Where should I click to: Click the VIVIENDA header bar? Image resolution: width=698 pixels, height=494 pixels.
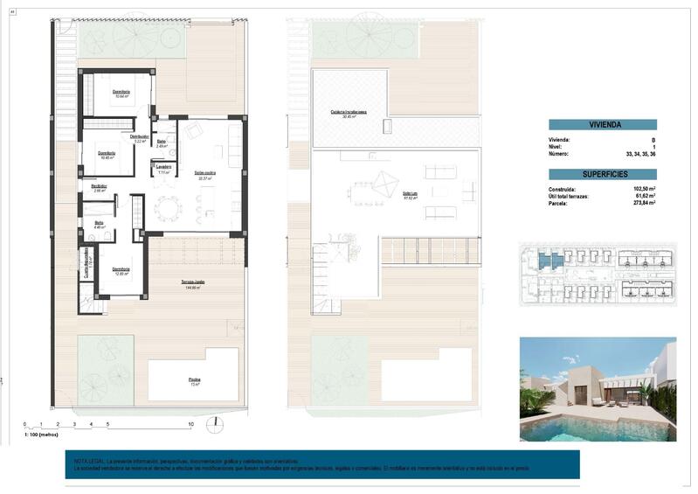pyautogui.click(x=602, y=125)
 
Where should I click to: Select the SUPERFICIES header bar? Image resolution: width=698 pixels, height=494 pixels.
pyautogui.click(x=602, y=174)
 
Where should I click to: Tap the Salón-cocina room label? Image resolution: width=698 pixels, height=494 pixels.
pyautogui.click(x=206, y=173)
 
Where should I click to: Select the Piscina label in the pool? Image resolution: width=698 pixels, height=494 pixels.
pyautogui.click(x=194, y=379)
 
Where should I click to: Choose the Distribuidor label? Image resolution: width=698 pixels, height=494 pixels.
pyautogui.click(x=140, y=137)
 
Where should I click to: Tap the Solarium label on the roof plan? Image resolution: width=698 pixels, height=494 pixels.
pyautogui.click(x=410, y=193)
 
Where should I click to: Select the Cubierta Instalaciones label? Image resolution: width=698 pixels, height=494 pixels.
pyautogui.click(x=348, y=113)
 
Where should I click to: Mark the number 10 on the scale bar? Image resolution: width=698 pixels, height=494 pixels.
pyautogui.click(x=190, y=424)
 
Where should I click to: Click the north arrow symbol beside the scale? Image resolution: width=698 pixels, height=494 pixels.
pyautogui.click(x=211, y=425)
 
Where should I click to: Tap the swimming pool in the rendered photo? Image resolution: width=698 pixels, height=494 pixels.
pyautogui.click(x=594, y=427)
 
